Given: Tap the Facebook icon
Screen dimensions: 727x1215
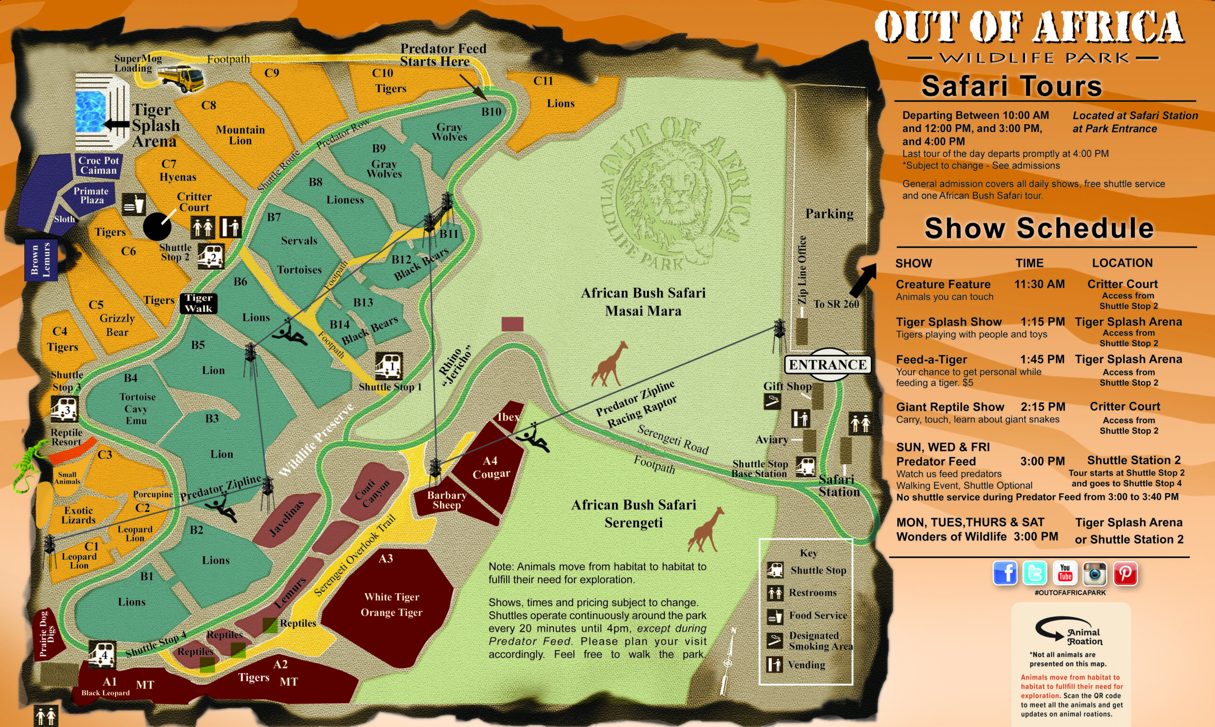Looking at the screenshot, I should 1005,573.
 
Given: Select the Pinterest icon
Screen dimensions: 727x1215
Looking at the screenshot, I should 1125,573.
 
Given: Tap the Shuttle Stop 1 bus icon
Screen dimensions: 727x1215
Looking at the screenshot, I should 389,366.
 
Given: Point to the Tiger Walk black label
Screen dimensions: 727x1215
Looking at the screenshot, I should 198,303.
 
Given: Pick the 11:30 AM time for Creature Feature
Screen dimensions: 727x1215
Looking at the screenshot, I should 1039,284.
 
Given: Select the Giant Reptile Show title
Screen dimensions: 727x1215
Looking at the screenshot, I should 950,407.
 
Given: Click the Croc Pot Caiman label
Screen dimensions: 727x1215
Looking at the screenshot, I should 98,166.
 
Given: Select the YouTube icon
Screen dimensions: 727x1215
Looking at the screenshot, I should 1065,573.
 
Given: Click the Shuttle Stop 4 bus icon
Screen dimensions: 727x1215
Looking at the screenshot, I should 103,654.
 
